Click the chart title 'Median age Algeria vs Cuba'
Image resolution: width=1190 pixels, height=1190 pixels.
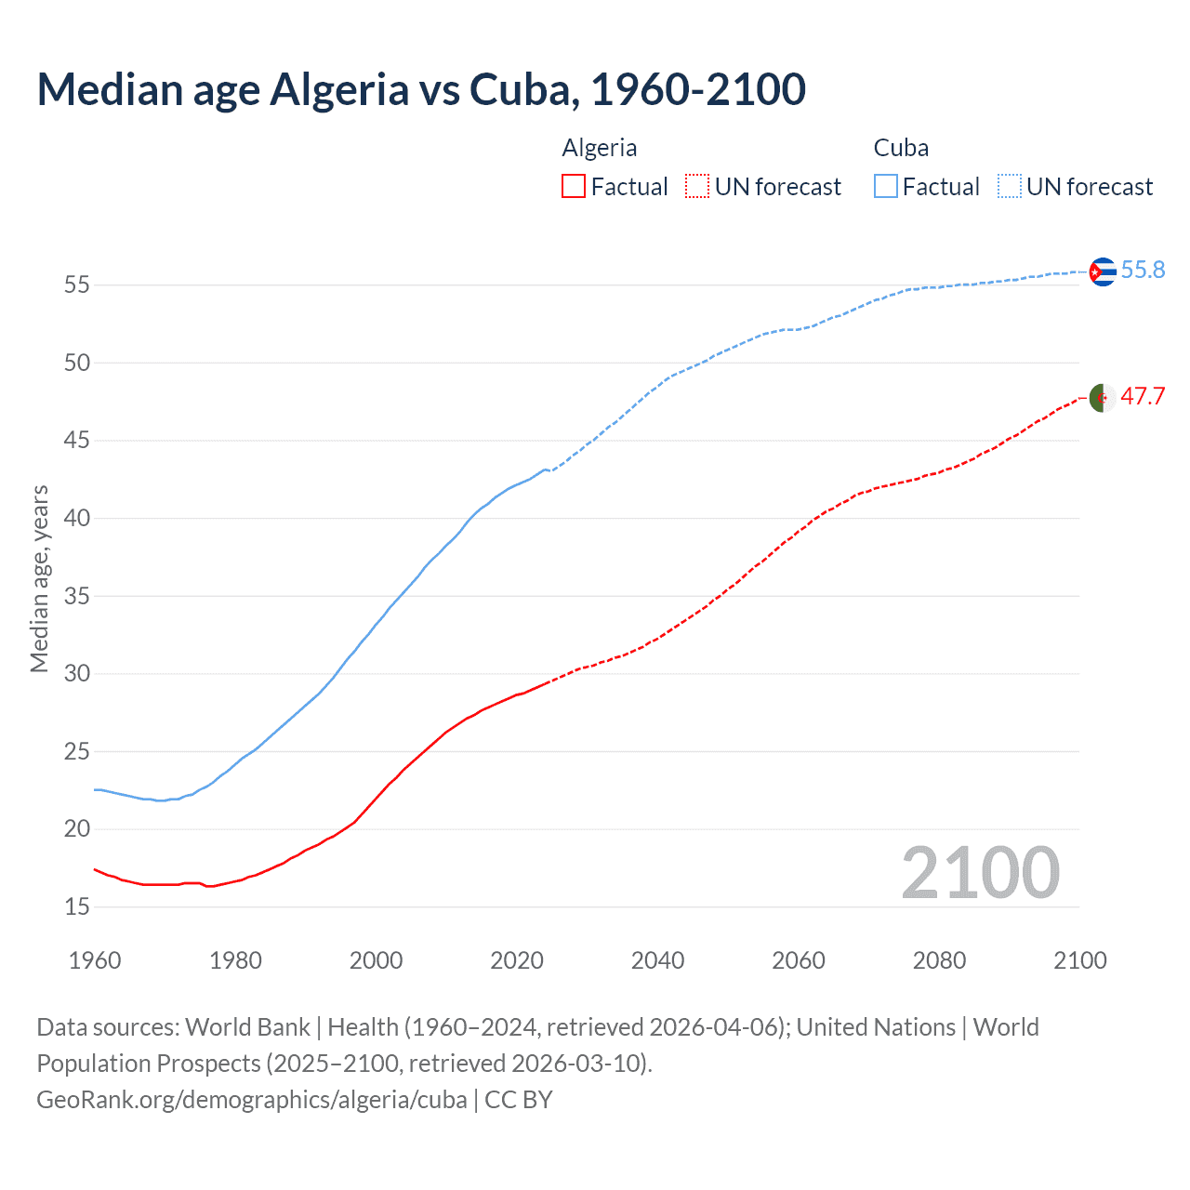(420, 90)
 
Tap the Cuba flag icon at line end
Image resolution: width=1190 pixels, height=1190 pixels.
(1102, 271)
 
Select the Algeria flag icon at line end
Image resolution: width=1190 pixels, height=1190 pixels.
(1102, 397)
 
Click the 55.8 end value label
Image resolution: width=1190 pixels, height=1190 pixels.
(1143, 271)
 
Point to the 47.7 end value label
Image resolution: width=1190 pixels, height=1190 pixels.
(1143, 397)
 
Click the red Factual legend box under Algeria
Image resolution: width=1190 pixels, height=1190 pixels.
(574, 187)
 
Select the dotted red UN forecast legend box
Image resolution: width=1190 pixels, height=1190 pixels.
(697, 187)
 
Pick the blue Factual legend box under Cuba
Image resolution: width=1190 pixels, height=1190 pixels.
(886, 187)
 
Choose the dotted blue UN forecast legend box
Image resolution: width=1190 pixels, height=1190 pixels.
(1010, 187)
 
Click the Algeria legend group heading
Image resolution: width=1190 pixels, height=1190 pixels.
(600, 149)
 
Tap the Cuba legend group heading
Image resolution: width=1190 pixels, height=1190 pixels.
(901, 149)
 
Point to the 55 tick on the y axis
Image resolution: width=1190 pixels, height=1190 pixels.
(77, 285)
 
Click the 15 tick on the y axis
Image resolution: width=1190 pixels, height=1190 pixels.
(77, 906)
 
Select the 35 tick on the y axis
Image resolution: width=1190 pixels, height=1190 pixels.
(77, 596)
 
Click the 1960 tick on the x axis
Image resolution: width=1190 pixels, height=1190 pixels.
(95, 960)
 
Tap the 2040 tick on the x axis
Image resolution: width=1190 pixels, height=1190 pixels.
(657, 960)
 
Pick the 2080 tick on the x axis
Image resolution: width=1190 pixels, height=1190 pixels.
(939, 960)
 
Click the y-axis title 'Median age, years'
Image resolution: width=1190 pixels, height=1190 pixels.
(39, 578)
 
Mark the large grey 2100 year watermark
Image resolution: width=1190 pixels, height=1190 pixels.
(980, 873)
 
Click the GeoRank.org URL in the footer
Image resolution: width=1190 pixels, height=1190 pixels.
(252, 1100)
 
